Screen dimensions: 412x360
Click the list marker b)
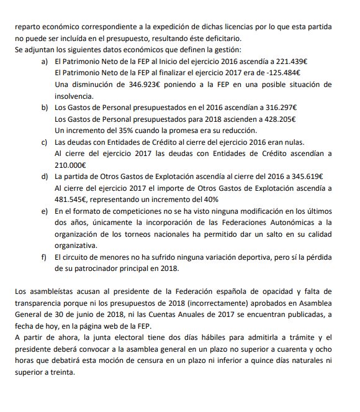click(44, 108)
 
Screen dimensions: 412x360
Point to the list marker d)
click(44, 176)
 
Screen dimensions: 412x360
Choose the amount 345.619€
click(304, 176)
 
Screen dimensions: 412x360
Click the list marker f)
click(44, 257)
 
